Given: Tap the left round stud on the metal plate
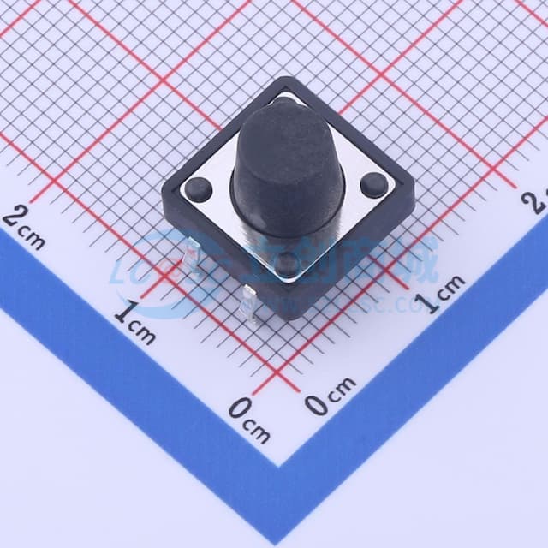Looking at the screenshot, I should (x=199, y=188).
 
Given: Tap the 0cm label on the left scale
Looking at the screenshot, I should (x=249, y=420).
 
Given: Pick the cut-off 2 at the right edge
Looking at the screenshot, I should (x=539, y=200).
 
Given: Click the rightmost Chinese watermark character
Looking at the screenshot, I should (x=419, y=261).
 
